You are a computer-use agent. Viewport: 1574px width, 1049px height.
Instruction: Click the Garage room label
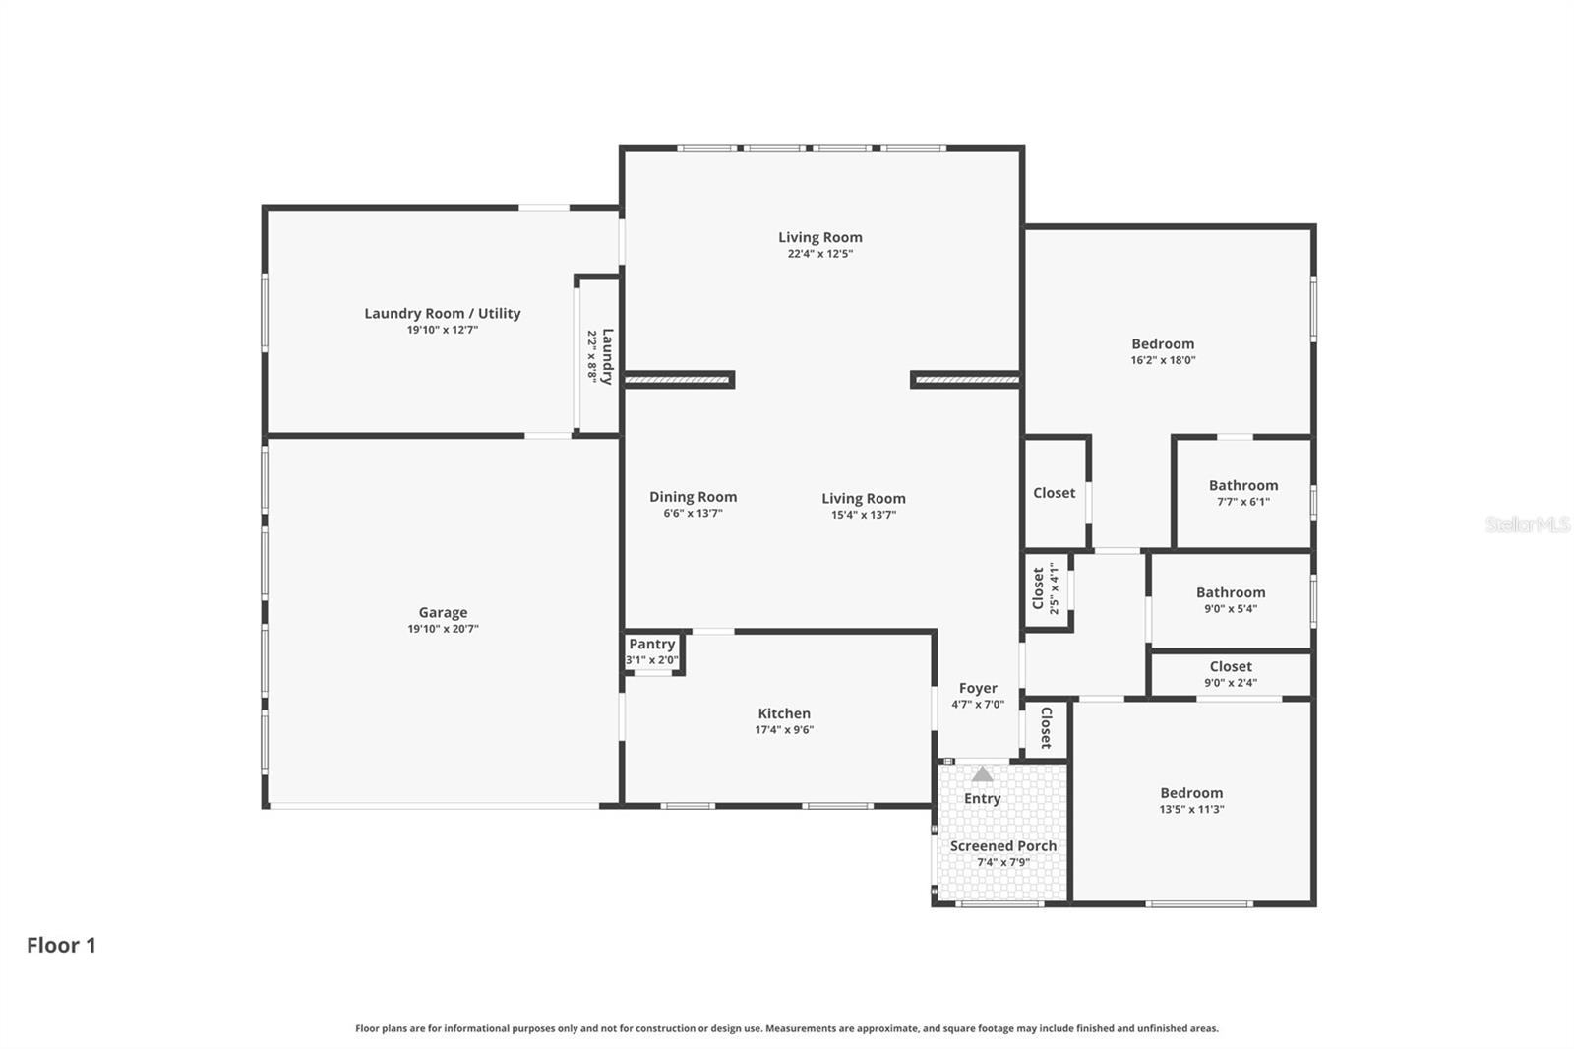tap(443, 612)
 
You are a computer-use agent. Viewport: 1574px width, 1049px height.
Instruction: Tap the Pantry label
tap(651, 644)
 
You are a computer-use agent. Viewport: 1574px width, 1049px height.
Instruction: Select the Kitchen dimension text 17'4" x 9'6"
tap(784, 730)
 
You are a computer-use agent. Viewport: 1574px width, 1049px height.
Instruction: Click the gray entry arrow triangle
tap(982, 773)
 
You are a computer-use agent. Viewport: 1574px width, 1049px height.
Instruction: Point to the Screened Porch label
tap(1002, 846)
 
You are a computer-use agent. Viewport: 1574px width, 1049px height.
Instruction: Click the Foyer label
tap(978, 688)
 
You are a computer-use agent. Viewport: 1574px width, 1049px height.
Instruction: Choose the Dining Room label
tap(693, 497)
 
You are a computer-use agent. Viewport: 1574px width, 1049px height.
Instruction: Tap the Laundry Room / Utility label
tap(442, 313)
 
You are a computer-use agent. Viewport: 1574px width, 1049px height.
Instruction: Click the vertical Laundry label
tap(608, 355)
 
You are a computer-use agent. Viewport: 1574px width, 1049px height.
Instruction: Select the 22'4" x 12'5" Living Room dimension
tap(819, 254)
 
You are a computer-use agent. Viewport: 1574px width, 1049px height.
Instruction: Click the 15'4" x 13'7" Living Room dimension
tap(863, 515)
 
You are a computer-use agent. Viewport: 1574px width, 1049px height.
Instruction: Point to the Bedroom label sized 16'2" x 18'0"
tap(1163, 343)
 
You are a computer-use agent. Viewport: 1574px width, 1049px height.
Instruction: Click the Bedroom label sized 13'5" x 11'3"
tap(1191, 793)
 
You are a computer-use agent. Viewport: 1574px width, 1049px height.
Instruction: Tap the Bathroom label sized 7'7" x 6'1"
tap(1243, 485)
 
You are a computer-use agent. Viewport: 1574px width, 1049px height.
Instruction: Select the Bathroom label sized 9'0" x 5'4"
tap(1231, 592)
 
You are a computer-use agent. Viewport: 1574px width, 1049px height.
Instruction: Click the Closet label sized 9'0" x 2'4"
tap(1231, 666)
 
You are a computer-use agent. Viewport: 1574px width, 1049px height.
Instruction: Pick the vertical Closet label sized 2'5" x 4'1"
tap(1038, 587)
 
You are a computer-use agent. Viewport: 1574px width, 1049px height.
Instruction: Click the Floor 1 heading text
tap(61, 945)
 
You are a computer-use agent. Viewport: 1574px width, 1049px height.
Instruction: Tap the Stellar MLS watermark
tap(1527, 524)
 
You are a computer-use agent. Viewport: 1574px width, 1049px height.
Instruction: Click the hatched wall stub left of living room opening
tap(679, 380)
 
